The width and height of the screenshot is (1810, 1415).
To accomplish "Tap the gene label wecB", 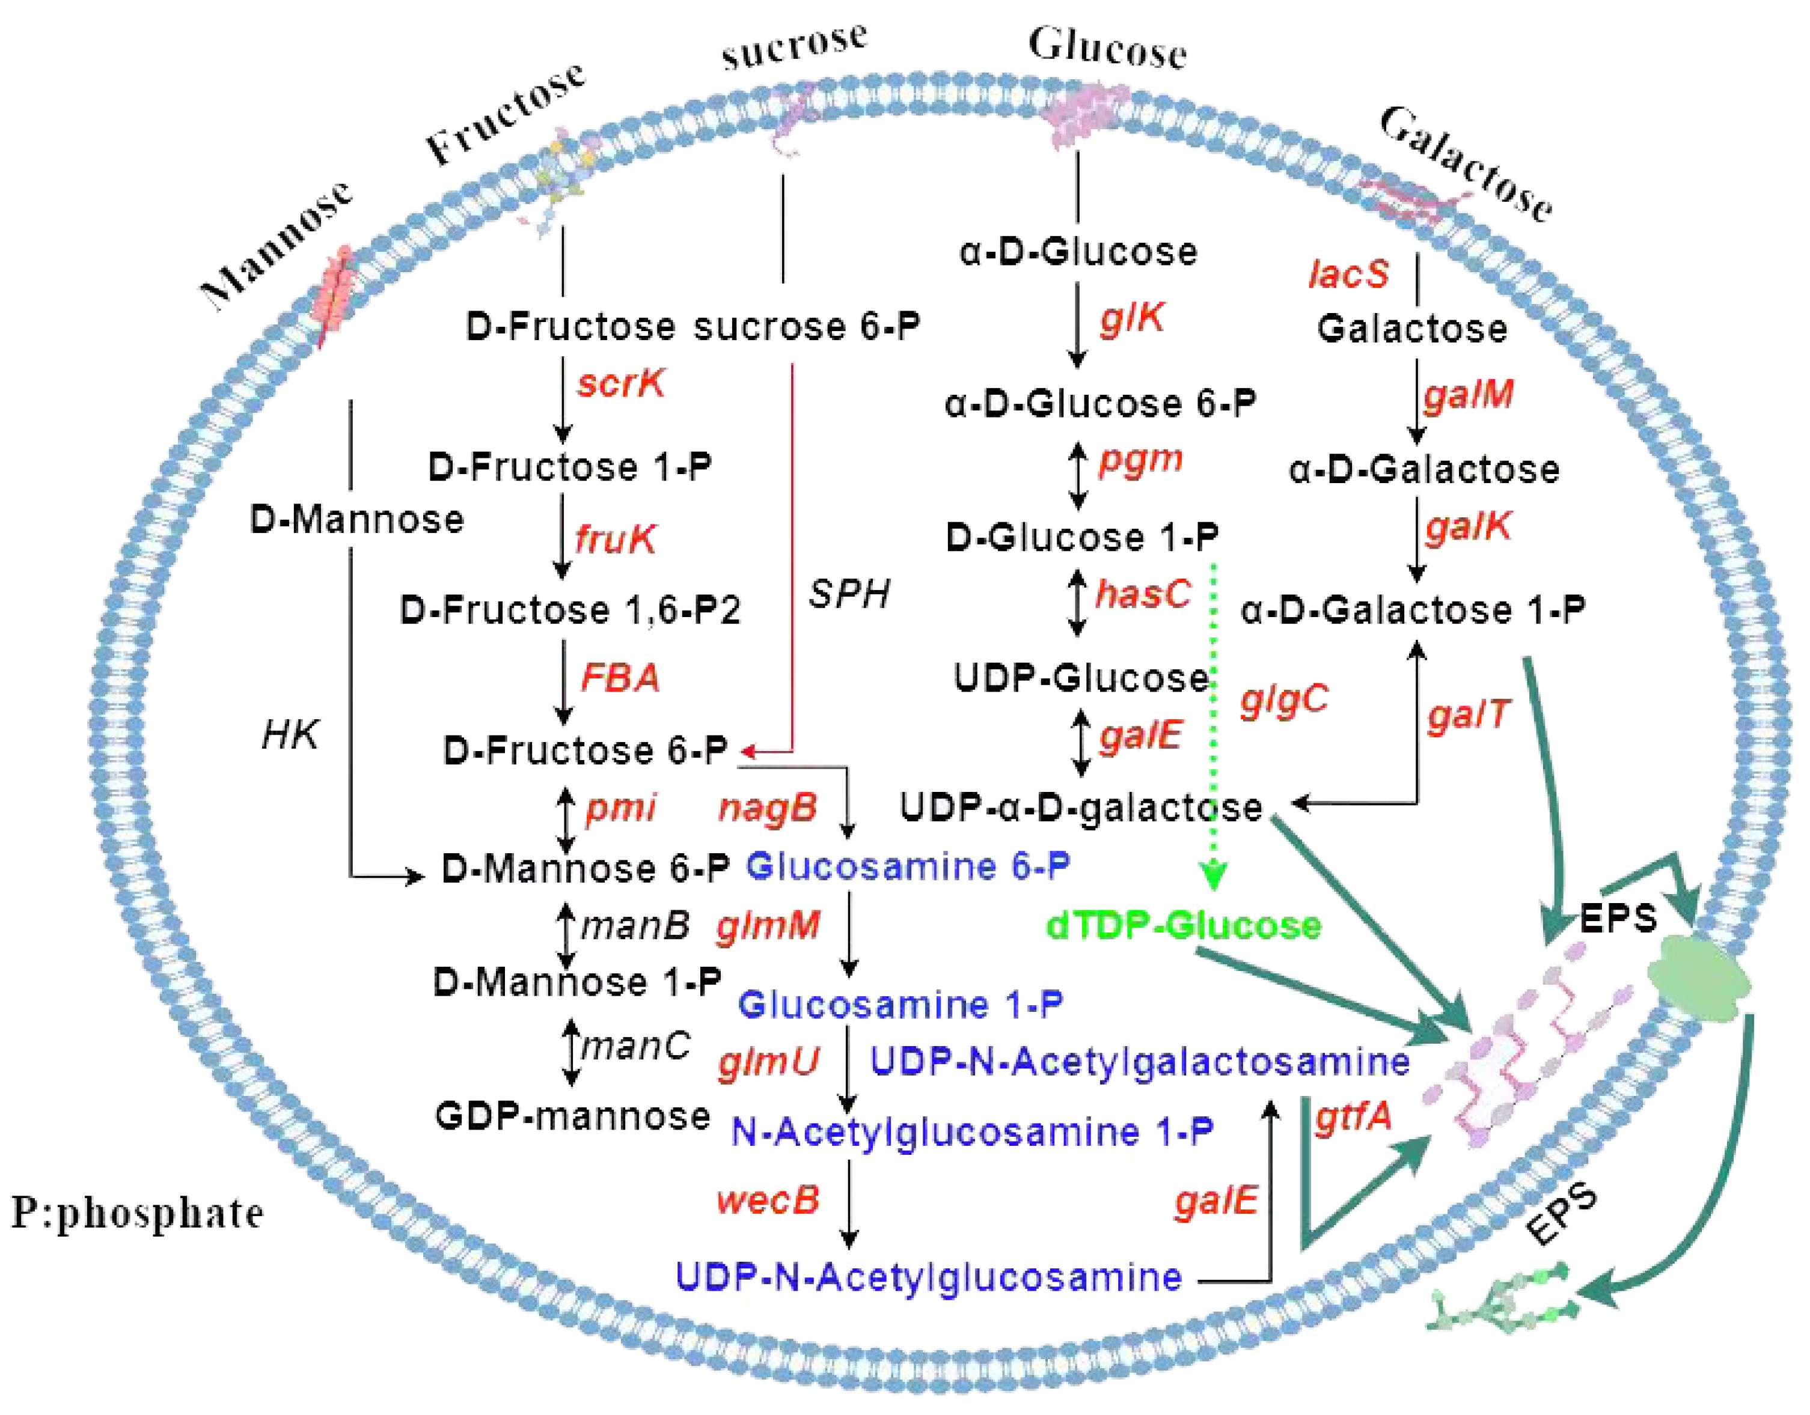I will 768,1200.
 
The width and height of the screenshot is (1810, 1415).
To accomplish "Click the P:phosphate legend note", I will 136,1214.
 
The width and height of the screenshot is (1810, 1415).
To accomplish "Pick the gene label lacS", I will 1348,274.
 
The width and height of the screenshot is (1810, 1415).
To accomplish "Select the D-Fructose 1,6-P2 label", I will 569,610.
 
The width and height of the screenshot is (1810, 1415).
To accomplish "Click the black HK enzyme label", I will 290,734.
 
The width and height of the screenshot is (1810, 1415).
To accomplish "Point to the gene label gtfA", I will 1353,1117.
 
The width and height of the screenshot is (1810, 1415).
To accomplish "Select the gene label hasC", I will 1144,593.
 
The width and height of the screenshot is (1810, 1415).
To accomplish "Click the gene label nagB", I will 768,808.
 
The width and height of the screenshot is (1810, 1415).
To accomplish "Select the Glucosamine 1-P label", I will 900,1005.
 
